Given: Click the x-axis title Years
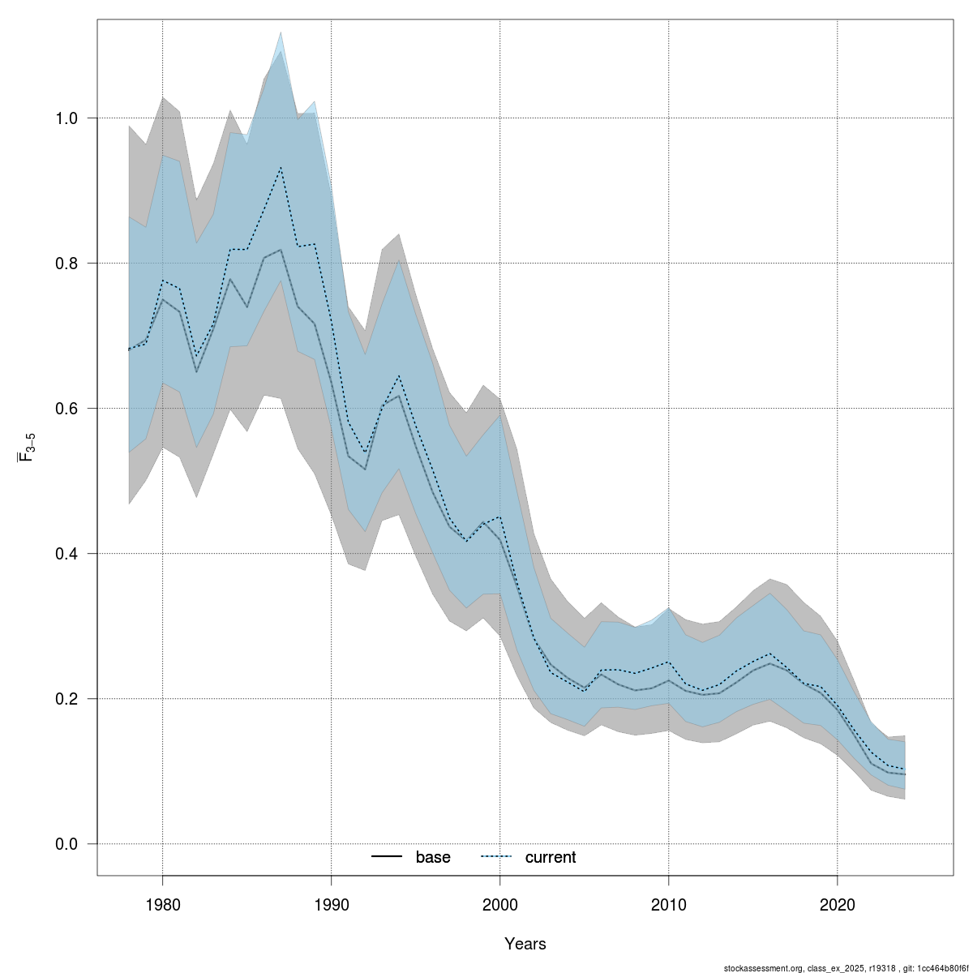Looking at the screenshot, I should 525,944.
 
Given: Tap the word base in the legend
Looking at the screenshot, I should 433,858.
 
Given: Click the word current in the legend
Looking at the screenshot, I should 550,858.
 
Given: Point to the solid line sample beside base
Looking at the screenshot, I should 388,858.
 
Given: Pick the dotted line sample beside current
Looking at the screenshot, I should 497,858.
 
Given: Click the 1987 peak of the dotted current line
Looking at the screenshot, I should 281,167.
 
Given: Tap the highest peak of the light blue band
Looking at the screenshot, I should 281,33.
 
